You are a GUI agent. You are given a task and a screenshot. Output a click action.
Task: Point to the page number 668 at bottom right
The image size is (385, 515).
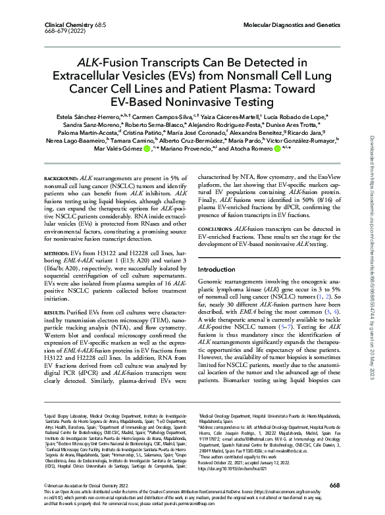[x=334, y=485]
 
